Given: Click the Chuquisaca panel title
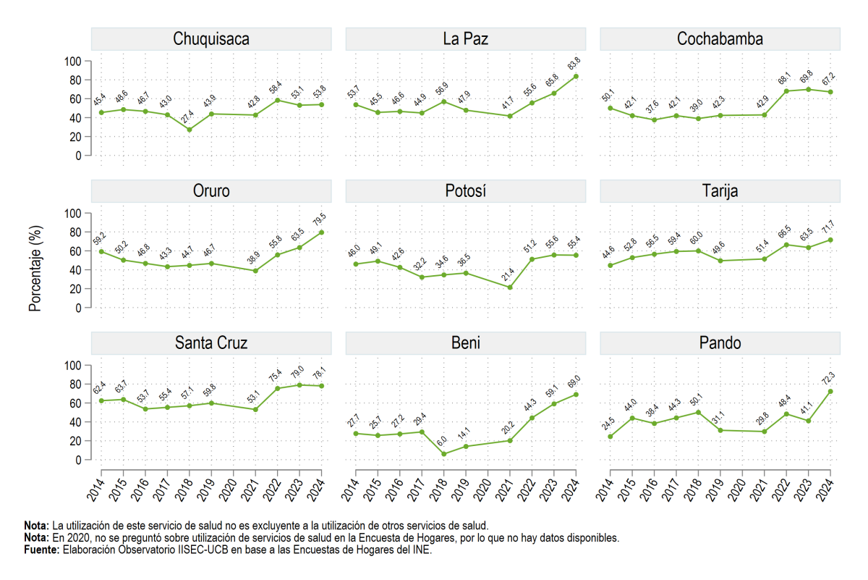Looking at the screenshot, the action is [211, 39].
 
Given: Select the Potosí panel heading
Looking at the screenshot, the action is [465, 191].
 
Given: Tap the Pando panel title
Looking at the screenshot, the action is [720, 343].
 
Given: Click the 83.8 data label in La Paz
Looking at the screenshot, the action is [574, 63].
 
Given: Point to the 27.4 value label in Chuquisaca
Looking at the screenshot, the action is [187, 117].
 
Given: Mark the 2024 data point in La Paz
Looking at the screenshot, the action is [576, 77].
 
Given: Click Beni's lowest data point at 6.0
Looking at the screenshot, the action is [444, 454].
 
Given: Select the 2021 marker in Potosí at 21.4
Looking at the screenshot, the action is [510, 287].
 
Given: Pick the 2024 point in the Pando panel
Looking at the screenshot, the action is [830, 392].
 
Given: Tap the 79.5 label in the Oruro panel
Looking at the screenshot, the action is [319, 219].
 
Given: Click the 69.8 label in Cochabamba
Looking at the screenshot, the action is [807, 77].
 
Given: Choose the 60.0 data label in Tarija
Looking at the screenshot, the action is [697, 238].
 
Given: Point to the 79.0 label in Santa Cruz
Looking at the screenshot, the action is [297, 372].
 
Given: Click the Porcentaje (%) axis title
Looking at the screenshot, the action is [35, 269].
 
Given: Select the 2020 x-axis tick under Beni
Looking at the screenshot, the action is [482, 489].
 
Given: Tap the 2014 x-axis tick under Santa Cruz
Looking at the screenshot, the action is [95, 489].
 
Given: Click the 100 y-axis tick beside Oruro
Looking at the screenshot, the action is [73, 214].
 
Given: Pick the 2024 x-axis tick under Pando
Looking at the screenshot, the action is [825, 489].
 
